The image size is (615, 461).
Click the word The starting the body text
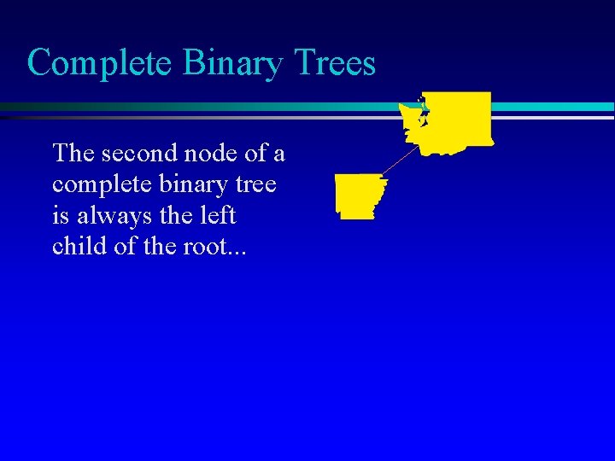[x=73, y=154]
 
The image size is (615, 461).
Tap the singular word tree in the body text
[x=258, y=185]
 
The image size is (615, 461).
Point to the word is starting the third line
[x=60, y=215]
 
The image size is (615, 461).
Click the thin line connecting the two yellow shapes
[x=401, y=161]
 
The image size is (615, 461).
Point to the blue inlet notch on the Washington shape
[x=420, y=111]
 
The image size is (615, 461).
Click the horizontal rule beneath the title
[x=196, y=108]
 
